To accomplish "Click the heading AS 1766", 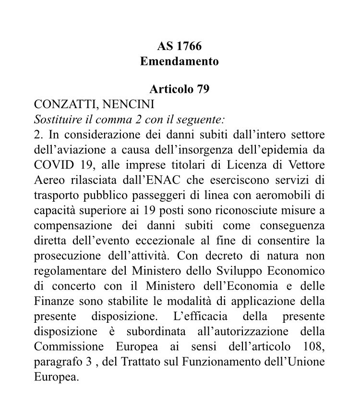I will (x=179, y=47).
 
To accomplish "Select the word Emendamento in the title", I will (x=179, y=61).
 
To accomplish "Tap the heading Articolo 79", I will (x=179, y=89).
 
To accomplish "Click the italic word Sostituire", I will (x=56, y=119).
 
